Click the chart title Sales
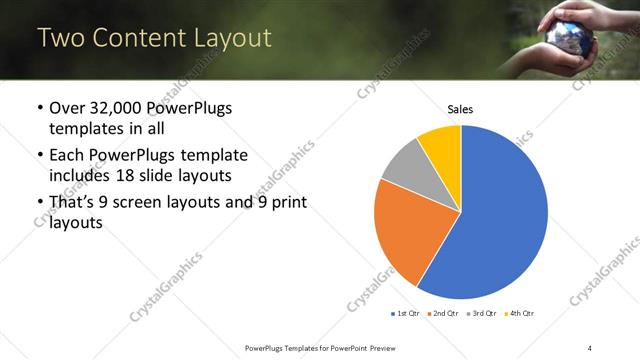pyautogui.click(x=460, y=109)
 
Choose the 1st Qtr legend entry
pyautogui.click(x=405, y=314)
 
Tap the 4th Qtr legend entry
pyautogui.click(x=519, y=314)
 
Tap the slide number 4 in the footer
pyautogui.click(x=590, y=347)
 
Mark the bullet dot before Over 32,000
pyautogui.click(x=39, y=108)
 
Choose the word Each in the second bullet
pyautogui.click(x=67, y=155)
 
